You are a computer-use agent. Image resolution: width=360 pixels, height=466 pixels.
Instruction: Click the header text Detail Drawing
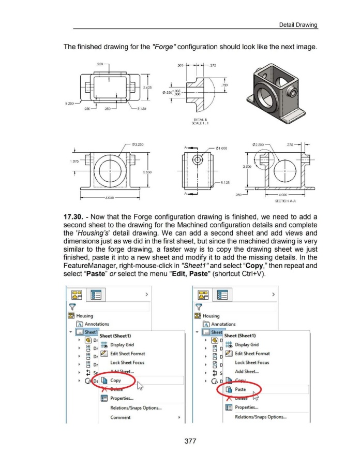point(297,24)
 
